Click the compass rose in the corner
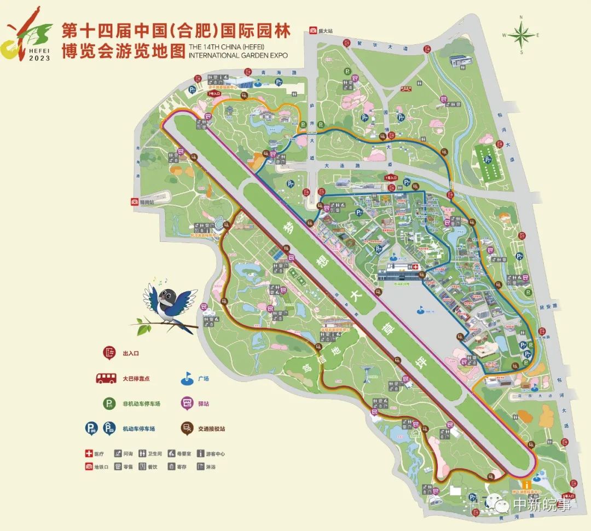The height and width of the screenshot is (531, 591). [x=522, y=35]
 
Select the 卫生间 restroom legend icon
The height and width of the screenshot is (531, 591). [x=143, y=454]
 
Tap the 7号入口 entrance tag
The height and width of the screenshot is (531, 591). [x=213, y=94]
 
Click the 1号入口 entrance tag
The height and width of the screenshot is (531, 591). [x=389, y=178]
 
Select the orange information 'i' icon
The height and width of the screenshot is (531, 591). [x=526, y=484]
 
